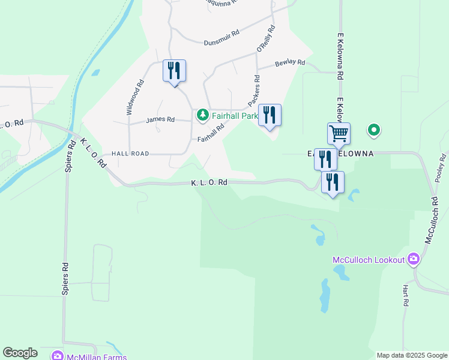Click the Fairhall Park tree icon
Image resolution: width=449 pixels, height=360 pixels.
pos(203,114)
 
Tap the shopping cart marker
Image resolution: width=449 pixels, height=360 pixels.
pos(339,133)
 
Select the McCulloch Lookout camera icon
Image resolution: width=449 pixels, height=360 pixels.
pos(413,259)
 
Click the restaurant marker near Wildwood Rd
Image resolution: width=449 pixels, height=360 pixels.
pos(174,70)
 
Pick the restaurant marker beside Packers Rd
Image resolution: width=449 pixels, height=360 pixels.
pos(270,115)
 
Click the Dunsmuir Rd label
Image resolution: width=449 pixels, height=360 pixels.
pos(221,42)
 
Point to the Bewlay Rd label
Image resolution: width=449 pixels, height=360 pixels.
pos(290,62)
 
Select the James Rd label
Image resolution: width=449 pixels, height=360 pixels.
pos(160,119)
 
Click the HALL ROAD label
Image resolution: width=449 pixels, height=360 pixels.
pos(129,154)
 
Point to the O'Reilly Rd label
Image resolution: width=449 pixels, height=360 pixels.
pos(265,38)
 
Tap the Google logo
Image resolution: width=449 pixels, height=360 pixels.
pos(20,353)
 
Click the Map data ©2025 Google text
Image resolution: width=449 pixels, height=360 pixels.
pos(412,355)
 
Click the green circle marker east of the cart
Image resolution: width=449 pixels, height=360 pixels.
pos(374,129)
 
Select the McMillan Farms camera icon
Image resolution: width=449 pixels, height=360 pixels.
pos(58,356)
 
